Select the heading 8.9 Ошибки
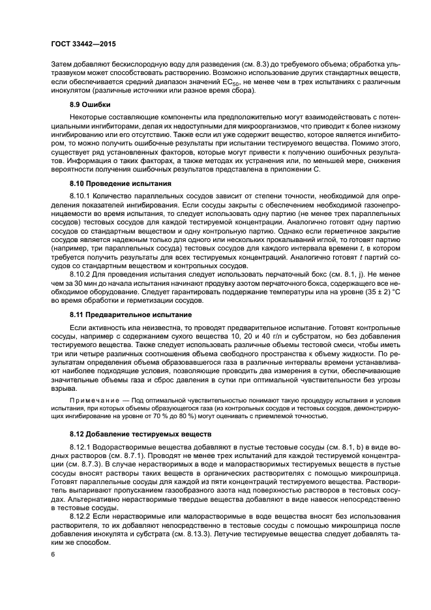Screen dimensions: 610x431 pos(90,105)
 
